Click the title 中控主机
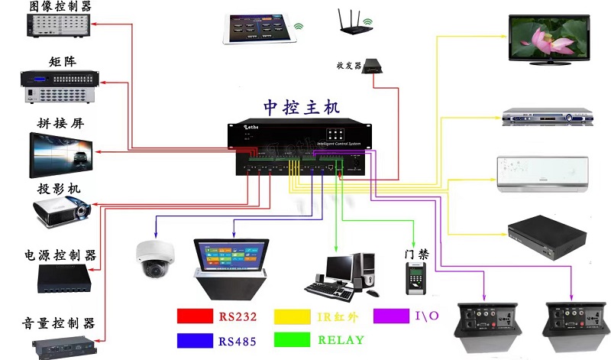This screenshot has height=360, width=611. [x=301, y=107]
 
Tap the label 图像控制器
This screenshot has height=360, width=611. [x=60, y=7]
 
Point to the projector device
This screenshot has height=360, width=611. [x=61, y=209]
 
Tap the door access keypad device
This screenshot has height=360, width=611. [x=414, y=281]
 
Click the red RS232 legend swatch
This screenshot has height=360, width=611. [x=195, y=316]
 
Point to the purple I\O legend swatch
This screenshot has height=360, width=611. [x=393, y=316]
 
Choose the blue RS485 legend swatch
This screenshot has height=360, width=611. [x=195, y=339]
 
